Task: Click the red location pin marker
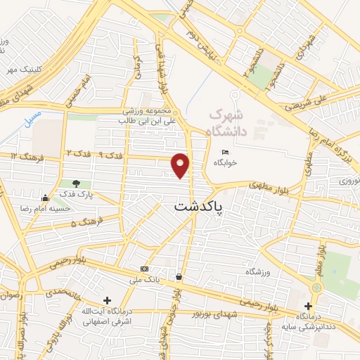coord(181,165)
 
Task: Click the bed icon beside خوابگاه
coord(225,152)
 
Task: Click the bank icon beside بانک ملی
coord(144,269)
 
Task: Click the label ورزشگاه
coord(258,271)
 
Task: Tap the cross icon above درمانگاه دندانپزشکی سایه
coord(308,305)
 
